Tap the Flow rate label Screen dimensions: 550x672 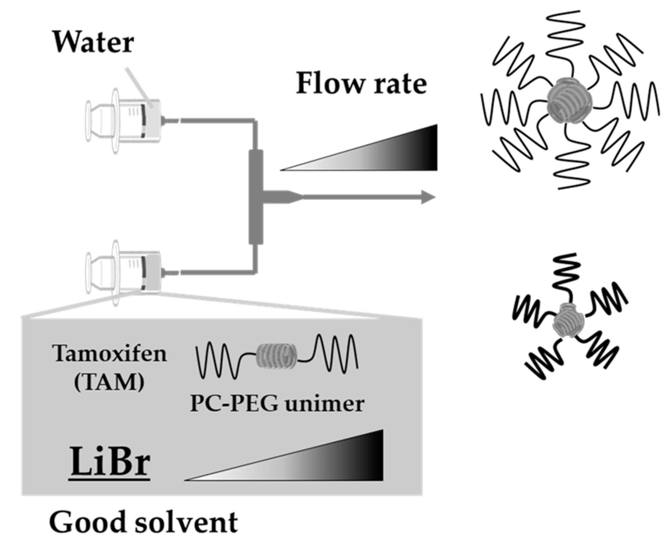360,83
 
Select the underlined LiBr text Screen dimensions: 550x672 110,462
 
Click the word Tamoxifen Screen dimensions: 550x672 110,354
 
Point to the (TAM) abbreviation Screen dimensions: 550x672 109,381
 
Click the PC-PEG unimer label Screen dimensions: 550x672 277,403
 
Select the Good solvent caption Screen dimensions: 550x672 143,523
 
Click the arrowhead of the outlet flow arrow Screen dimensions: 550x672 429,197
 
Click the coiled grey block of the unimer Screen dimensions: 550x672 276,355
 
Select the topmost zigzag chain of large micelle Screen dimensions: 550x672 566,29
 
